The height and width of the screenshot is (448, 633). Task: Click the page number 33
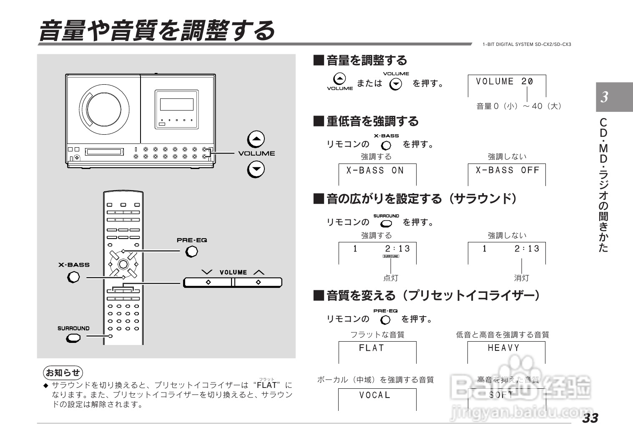590,418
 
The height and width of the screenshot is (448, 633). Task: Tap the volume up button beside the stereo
256,139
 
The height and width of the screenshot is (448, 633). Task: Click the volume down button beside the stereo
256,169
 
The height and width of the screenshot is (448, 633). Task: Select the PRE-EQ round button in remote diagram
191,252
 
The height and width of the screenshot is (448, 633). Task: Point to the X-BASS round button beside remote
73,277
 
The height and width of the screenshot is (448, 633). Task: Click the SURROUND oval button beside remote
73,338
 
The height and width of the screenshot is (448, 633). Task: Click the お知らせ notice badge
63,372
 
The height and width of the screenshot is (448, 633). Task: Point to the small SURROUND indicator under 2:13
390,256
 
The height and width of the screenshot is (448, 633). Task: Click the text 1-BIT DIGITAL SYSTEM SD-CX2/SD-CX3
527,44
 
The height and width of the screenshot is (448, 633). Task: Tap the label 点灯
390,278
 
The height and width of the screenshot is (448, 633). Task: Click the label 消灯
521,278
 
